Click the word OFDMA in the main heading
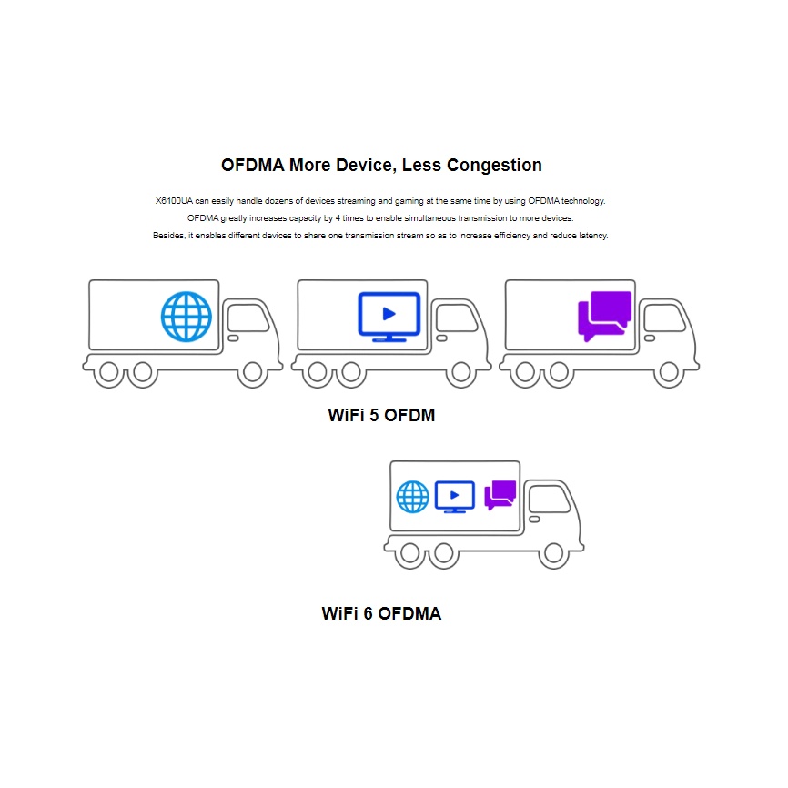[252, 166]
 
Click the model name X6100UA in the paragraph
[175, 200]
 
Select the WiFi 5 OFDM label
[381, 416]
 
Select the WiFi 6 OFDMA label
[381, 613]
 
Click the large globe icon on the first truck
[187, 317]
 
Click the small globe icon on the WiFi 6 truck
[413, 497]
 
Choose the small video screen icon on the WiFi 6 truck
[454, 496]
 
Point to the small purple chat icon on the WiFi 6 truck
[500, 495]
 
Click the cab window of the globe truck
[247, 318]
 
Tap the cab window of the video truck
[454, 318]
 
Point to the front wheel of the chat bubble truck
[670, 372]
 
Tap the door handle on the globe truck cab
[233, 338]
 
